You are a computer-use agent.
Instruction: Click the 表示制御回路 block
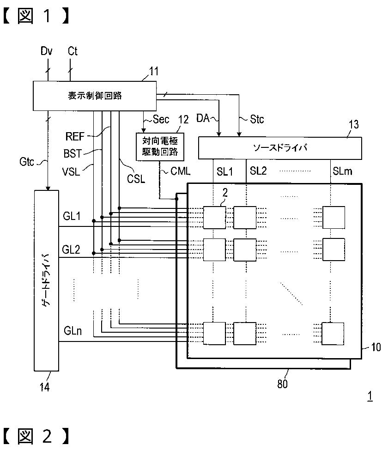pyautogui.click(x=95, y=96)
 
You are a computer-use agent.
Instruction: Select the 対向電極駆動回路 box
pyautogui.click(x=160, y=146)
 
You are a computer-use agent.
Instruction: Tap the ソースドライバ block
pyautogui.click(x=280, y=148)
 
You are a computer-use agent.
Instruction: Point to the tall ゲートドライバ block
pyautogui.click(x=47, y=280)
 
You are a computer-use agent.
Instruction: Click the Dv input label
pyautogui.click(x=47, y=51)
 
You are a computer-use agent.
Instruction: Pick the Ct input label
pyautogui.click(x=73, y=51)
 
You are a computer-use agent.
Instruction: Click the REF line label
pyautogui.click(x=75, y=136)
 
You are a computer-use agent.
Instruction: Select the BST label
pyautogui.click(x=73, y=153)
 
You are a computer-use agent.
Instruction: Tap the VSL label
pyautogui.click(x=71, y=172)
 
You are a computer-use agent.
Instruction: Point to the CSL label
pyautogui.click(x=136, y=179)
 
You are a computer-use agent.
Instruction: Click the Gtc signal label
pyautogui.click(x=27, y=162)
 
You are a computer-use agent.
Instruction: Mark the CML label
pyautogui.click(x=181, y=171)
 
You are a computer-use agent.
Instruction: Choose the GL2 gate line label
pyautogui.click(x=71, y=249)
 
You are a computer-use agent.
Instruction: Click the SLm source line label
pyautogui.click(x=342, y=171)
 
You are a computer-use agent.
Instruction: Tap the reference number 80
pyautogui.click(x=282, y=384)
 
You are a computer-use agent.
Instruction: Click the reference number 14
pyautogui.click(x=44, y=387)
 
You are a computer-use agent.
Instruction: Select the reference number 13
pyautogui.click(x=354, y=125)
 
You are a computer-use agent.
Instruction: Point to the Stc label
pyautogui.click(x=257, y=119)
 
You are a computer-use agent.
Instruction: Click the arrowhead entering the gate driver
pyautogui.click(x=48, y=189)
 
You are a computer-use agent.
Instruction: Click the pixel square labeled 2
pyautogui.click(x=214, y=218)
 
